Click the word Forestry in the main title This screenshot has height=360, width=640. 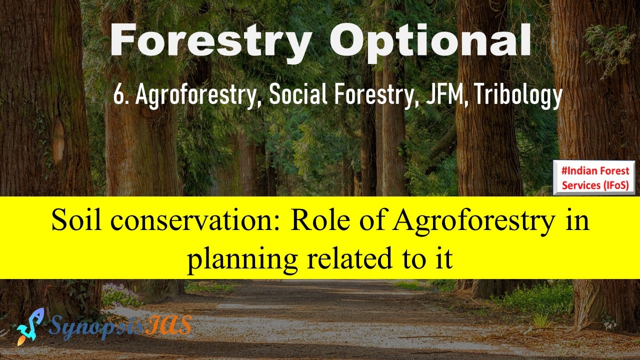[210, 40]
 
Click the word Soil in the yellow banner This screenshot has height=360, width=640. [76, 220]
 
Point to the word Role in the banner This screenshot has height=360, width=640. [320, 220]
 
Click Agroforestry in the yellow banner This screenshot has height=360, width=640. [473, 221]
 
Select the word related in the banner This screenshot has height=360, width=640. [349, 257]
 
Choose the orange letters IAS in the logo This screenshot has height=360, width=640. [168, 325]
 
